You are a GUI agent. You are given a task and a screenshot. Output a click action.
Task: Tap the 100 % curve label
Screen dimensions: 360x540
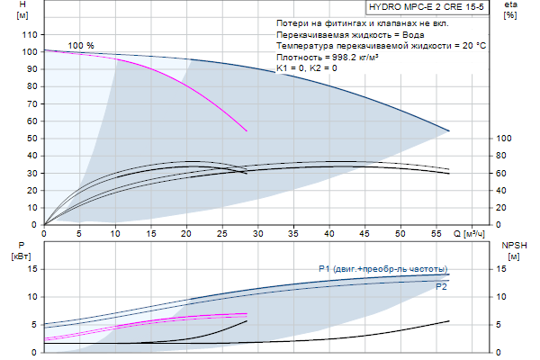pos(81,45)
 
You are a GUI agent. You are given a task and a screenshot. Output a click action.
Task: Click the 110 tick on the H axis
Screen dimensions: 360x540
pos(28,35)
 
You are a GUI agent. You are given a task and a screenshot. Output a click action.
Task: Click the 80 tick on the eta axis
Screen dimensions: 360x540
pos(504,156)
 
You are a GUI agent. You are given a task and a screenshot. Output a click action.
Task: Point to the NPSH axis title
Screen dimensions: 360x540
pos(512,250)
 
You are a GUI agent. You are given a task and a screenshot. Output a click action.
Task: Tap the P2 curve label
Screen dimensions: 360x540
pos(441,287)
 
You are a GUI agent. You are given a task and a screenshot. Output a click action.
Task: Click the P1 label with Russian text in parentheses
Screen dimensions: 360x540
pos(382,269)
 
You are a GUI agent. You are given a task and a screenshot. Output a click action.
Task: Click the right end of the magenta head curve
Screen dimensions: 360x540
pos(247,131)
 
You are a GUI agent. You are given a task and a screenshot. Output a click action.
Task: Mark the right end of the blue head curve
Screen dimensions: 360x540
pos(449,131)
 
